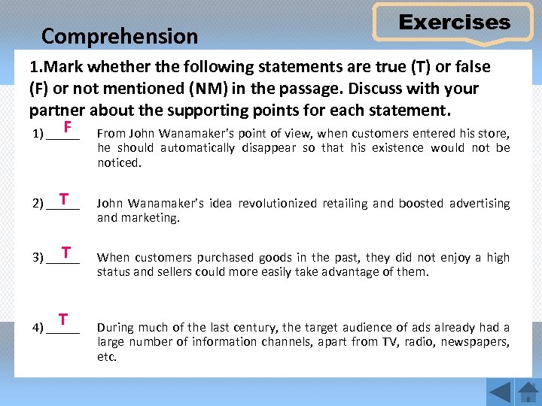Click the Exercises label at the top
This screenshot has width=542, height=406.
point(454,23)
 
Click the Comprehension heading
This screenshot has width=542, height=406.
point(120,36)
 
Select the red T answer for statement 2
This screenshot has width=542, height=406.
point(65,199)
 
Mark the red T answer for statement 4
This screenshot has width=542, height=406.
point(64,320)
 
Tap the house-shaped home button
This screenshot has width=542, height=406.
point(528,392)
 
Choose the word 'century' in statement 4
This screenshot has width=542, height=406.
point(257,327)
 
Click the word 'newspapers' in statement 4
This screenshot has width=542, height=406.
point(478,342)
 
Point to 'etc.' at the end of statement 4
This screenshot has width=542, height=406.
point(107,357)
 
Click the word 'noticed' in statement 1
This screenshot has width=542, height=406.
point(119,162)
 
